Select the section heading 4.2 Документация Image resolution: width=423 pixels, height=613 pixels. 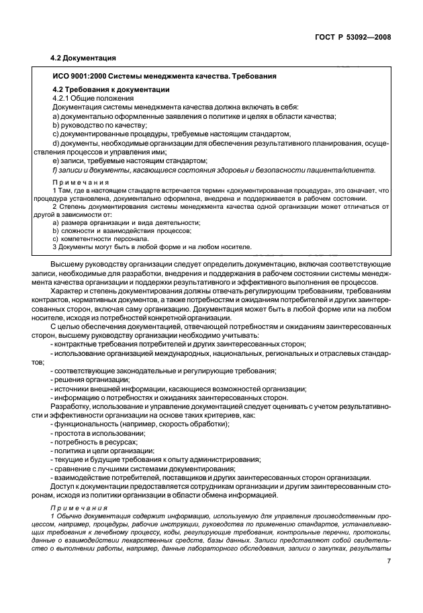[83, 58]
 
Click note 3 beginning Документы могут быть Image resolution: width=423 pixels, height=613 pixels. [142, 247]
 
